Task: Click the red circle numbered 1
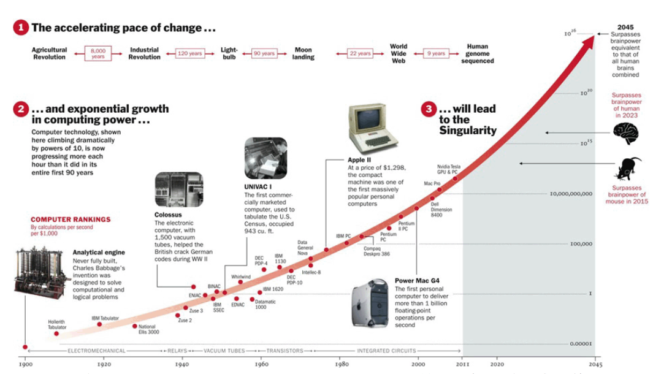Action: [21, 28]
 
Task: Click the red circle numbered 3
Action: [429, 109]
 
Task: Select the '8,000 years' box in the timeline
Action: [98, 53]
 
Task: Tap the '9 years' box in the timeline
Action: [436, 53]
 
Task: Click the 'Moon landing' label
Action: [303, 53]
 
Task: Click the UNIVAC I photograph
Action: [265, 158]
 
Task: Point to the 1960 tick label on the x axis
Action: [261, 364]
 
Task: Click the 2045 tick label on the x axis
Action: [594, 364]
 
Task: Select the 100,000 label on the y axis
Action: [580, 244]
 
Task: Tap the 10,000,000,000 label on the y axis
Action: [571, 194]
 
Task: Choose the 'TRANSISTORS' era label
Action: [284, 351]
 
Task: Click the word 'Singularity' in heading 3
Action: [468, 130]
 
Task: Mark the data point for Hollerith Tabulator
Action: [56, 334]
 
